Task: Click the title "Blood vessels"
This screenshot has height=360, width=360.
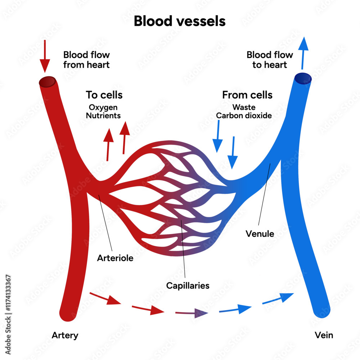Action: click(180, 21)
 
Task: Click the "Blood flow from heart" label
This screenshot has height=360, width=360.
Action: click(86, 60)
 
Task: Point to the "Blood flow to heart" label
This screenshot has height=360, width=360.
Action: click(269, 60)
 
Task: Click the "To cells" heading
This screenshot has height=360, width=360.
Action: click(104, 95)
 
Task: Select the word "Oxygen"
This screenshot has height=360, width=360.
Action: click(103, 107)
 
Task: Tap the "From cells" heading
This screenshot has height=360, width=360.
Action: click(247, 95)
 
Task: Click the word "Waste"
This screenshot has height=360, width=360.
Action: click(244, 107)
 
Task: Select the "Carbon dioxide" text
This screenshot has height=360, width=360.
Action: click(244, 116)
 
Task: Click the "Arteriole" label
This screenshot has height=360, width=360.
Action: click(115, 258)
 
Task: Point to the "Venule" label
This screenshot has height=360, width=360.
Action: click(260, 234)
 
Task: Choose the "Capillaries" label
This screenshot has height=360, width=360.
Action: click(188, 285)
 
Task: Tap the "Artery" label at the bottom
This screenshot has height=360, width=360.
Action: click(65, 335)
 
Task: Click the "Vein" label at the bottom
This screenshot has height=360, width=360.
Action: click(324, 335)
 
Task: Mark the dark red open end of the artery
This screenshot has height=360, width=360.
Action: click(47, 82)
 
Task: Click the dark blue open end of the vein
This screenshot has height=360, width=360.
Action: click(303, 78)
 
